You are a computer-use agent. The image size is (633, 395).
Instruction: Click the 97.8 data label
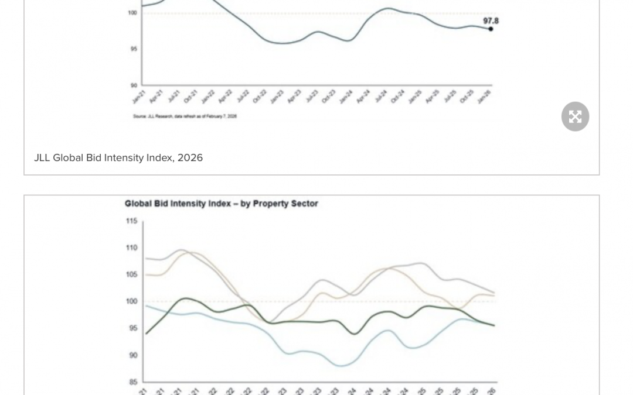point(491,20)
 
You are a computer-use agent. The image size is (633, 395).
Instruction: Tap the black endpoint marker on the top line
point(491,29)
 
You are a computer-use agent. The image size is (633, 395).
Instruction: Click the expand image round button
point(575,116)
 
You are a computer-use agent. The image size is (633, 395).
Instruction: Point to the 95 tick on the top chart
point(134,49)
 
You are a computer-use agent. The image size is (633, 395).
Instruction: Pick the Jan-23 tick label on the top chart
point(277,97)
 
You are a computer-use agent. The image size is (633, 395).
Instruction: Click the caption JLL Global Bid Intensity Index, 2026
point(118,157)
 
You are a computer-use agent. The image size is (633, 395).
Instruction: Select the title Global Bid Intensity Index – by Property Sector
point(221,204)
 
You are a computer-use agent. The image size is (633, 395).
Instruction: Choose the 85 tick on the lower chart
point(132,382)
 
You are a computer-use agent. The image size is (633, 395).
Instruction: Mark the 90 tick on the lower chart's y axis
point(132,355)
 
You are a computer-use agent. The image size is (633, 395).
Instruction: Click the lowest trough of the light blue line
point(341,366)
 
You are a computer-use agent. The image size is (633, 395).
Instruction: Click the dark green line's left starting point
point(145,334)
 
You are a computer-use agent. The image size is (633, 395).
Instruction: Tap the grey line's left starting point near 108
point(145,258)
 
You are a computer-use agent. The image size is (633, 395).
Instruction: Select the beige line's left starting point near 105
point(145,274)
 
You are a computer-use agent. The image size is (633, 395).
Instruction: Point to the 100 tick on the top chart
point(133,12)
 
